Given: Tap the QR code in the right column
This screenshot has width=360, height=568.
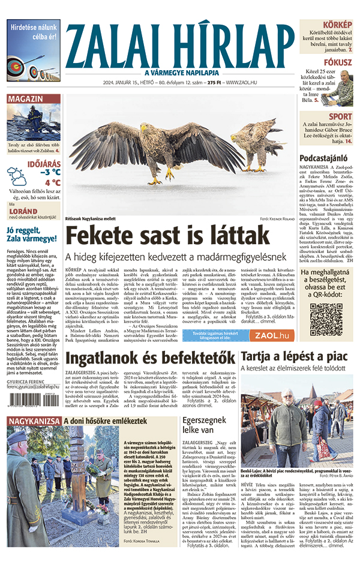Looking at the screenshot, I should [x=326, y=320].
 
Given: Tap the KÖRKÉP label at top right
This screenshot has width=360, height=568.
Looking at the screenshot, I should [x=338, y=25].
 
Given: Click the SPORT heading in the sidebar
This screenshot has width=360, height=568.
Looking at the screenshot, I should [x=341, y=116].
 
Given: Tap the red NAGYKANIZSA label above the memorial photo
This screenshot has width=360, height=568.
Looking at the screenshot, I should [x=34, y=422].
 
